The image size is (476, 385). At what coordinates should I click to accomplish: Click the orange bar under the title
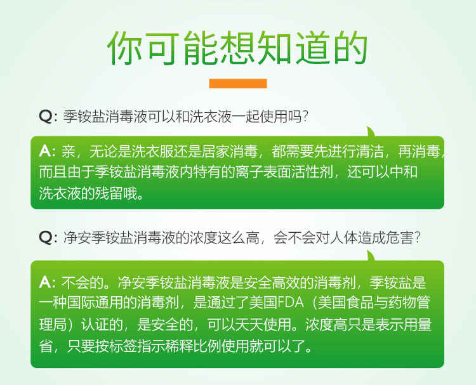click(x=238, y=84)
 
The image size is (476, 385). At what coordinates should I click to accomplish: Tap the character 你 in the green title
click(x=125, y=48)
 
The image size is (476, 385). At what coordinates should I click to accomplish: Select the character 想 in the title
click(x=237, y=48)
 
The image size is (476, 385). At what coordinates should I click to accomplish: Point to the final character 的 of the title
click(x=350, y=48)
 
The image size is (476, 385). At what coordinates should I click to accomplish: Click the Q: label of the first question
click(x=48, y=116)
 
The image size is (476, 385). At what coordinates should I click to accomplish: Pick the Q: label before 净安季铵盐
click(x=48, y=237)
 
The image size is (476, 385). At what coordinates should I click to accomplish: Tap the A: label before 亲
click(x=47, y=151)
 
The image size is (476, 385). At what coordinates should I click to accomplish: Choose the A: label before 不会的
click(x=47, y=282)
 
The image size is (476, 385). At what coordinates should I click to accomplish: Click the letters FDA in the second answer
click(x=291, y=303)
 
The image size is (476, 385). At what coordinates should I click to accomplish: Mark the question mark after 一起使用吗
click(x=305, y=116)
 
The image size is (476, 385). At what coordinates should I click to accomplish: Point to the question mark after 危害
click(x=418, y=237)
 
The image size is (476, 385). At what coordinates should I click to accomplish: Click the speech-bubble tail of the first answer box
click(x=371, y=132)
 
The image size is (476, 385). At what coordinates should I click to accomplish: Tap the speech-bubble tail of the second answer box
click(x=371, y=256)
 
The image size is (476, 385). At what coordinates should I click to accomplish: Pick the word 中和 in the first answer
click(x=404, y=172)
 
